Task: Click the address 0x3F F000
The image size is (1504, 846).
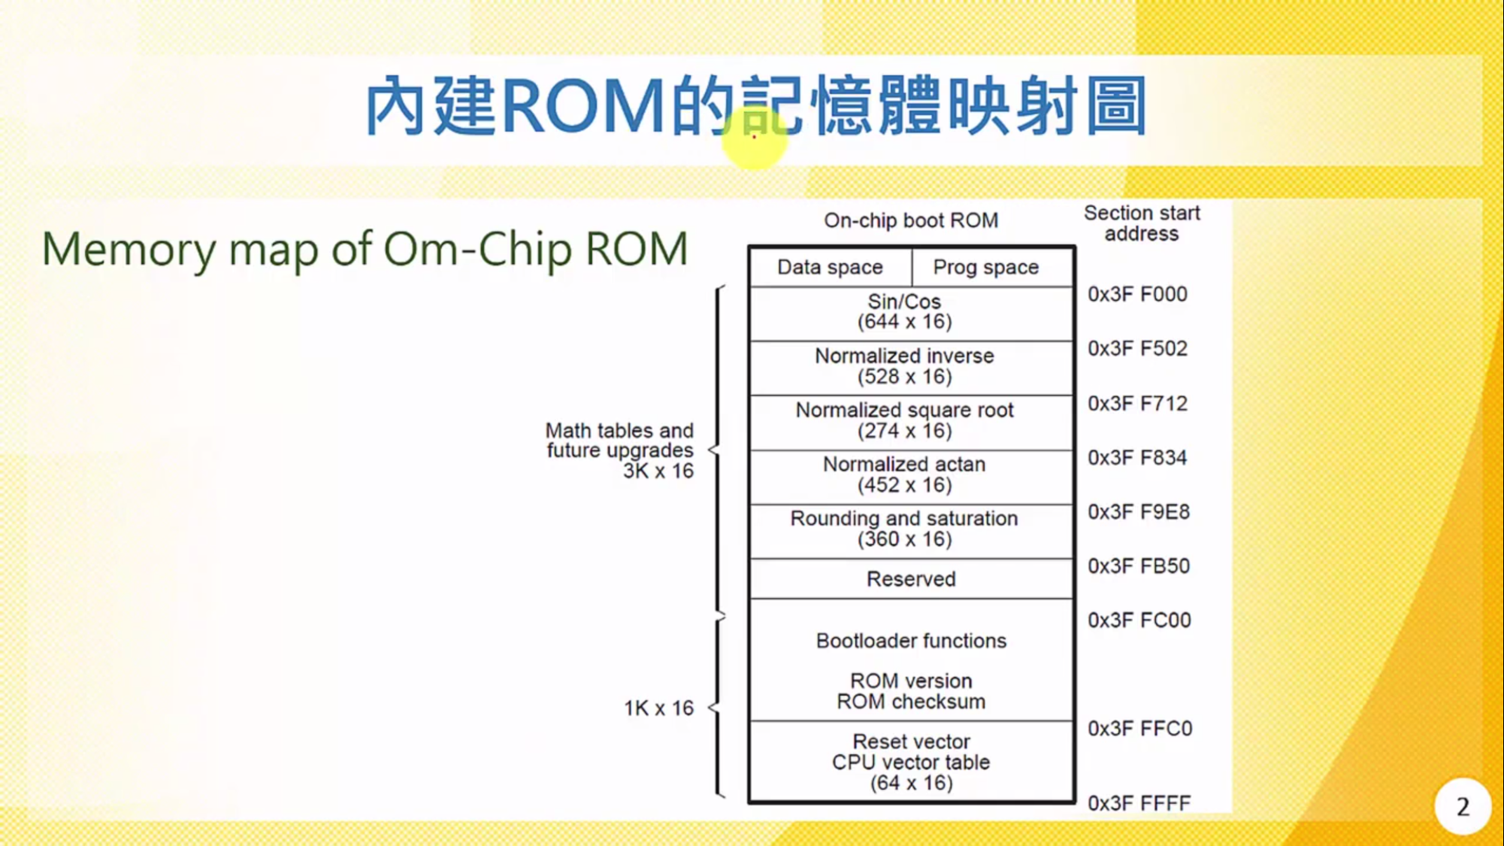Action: pyautogui.click(x=1137, y=294)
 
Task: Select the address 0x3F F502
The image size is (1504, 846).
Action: pyautogui.click(x=1137, y=349)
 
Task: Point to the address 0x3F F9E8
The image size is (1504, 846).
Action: pyautogui.click(x=1138, y=512)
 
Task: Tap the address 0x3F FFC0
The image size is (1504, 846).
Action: pyautogui.click(x=1139, y=729)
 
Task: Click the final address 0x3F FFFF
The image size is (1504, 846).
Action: pyautogui.click(x=1139, y=803)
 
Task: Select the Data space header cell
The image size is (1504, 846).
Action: pyautogui.click(x=830, y=268)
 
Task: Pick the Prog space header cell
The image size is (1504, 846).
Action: pyautogui.click(x=985, y=268)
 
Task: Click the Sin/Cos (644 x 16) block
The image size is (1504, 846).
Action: pyautogui.click(x=904, y=312)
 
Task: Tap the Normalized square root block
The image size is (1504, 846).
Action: pyautogui.click(x=904, y=420)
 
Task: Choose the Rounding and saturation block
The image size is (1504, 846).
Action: pyautogui.click(x=904, y=529)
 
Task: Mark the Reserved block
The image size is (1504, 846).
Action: pyautogui.click(x=911, y=579)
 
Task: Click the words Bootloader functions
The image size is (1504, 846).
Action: pyautogui.click(x=911, y=641)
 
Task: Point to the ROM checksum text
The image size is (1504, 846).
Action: pyautogui.click(x=911, y=702)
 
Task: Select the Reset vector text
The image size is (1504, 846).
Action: pyautogui.click(x=911, y=741)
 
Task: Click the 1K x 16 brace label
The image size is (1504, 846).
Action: pyautogui.click(x=658, y=708)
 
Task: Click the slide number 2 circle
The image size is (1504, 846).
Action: pyautogui.click(x=1462, y=807)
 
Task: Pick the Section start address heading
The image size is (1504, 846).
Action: pyautogui.click(x=1142, y=223)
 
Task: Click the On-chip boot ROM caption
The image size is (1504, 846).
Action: pyautogui.click(x=911, y=220)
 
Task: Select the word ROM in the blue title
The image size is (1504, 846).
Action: pyautogui.click(x=583, y=105)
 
